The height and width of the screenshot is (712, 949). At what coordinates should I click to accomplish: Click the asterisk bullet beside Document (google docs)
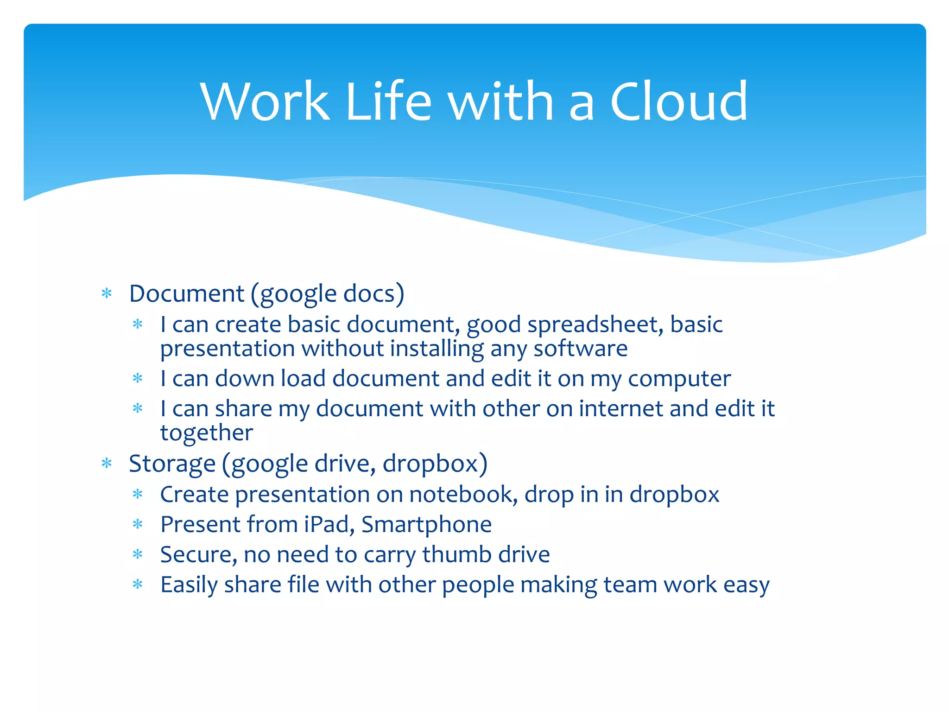click(x=107, y=293)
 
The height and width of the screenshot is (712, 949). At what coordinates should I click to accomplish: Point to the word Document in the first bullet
click(x=186, y=294)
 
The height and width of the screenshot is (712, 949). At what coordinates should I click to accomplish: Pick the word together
click(x=207, y=433)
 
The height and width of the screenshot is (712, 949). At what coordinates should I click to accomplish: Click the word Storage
click(x=172, y=464)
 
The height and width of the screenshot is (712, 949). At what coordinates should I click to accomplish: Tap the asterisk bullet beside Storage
click(x=107, y=464)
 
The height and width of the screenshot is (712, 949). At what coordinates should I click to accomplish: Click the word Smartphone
click(x=426, y=525)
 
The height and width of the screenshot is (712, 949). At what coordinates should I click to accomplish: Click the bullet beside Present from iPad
click(x=138, y=525)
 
